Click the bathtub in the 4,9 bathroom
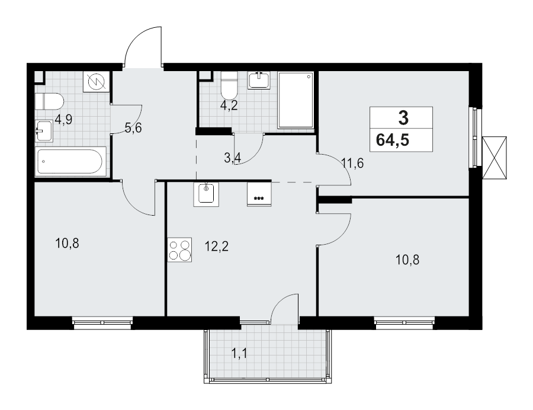pos(70,162)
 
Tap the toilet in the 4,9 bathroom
pos(49,101)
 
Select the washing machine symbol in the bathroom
pos(97,82)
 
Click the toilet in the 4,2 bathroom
pos(229,86)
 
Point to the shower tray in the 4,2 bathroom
pos(296,100)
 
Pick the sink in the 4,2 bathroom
pos(259,81)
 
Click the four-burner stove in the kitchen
pos(179,249)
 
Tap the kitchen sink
pos(206,194)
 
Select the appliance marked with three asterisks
pos(259,194)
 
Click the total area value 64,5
pos(393,140)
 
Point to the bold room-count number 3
pos(403,118)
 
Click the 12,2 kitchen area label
pos(217,246)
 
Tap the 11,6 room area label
pos(353,164)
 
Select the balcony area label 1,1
pos(239,354)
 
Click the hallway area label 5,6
pos(133,128)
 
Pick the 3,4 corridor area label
pos(233,158)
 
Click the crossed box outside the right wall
pos(495,158)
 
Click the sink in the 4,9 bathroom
pos(44,131)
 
